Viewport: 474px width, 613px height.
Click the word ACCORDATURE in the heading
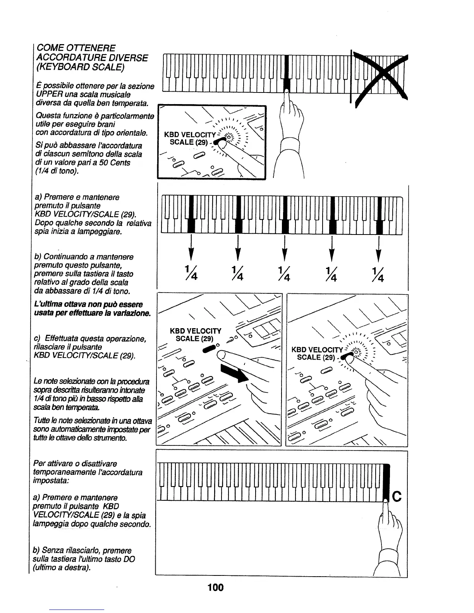click(x=70, y=58)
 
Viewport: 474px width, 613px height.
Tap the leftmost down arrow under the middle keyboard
click(x=191, y=249)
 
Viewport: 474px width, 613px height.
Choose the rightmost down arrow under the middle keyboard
click(x=378, y=249)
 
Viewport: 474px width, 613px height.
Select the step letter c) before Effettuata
click(x=38, y=339)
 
